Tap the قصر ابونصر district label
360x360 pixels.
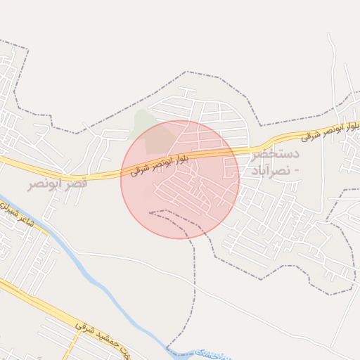(x=58, y=184)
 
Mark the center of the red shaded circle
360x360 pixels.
(x=180, y=179)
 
